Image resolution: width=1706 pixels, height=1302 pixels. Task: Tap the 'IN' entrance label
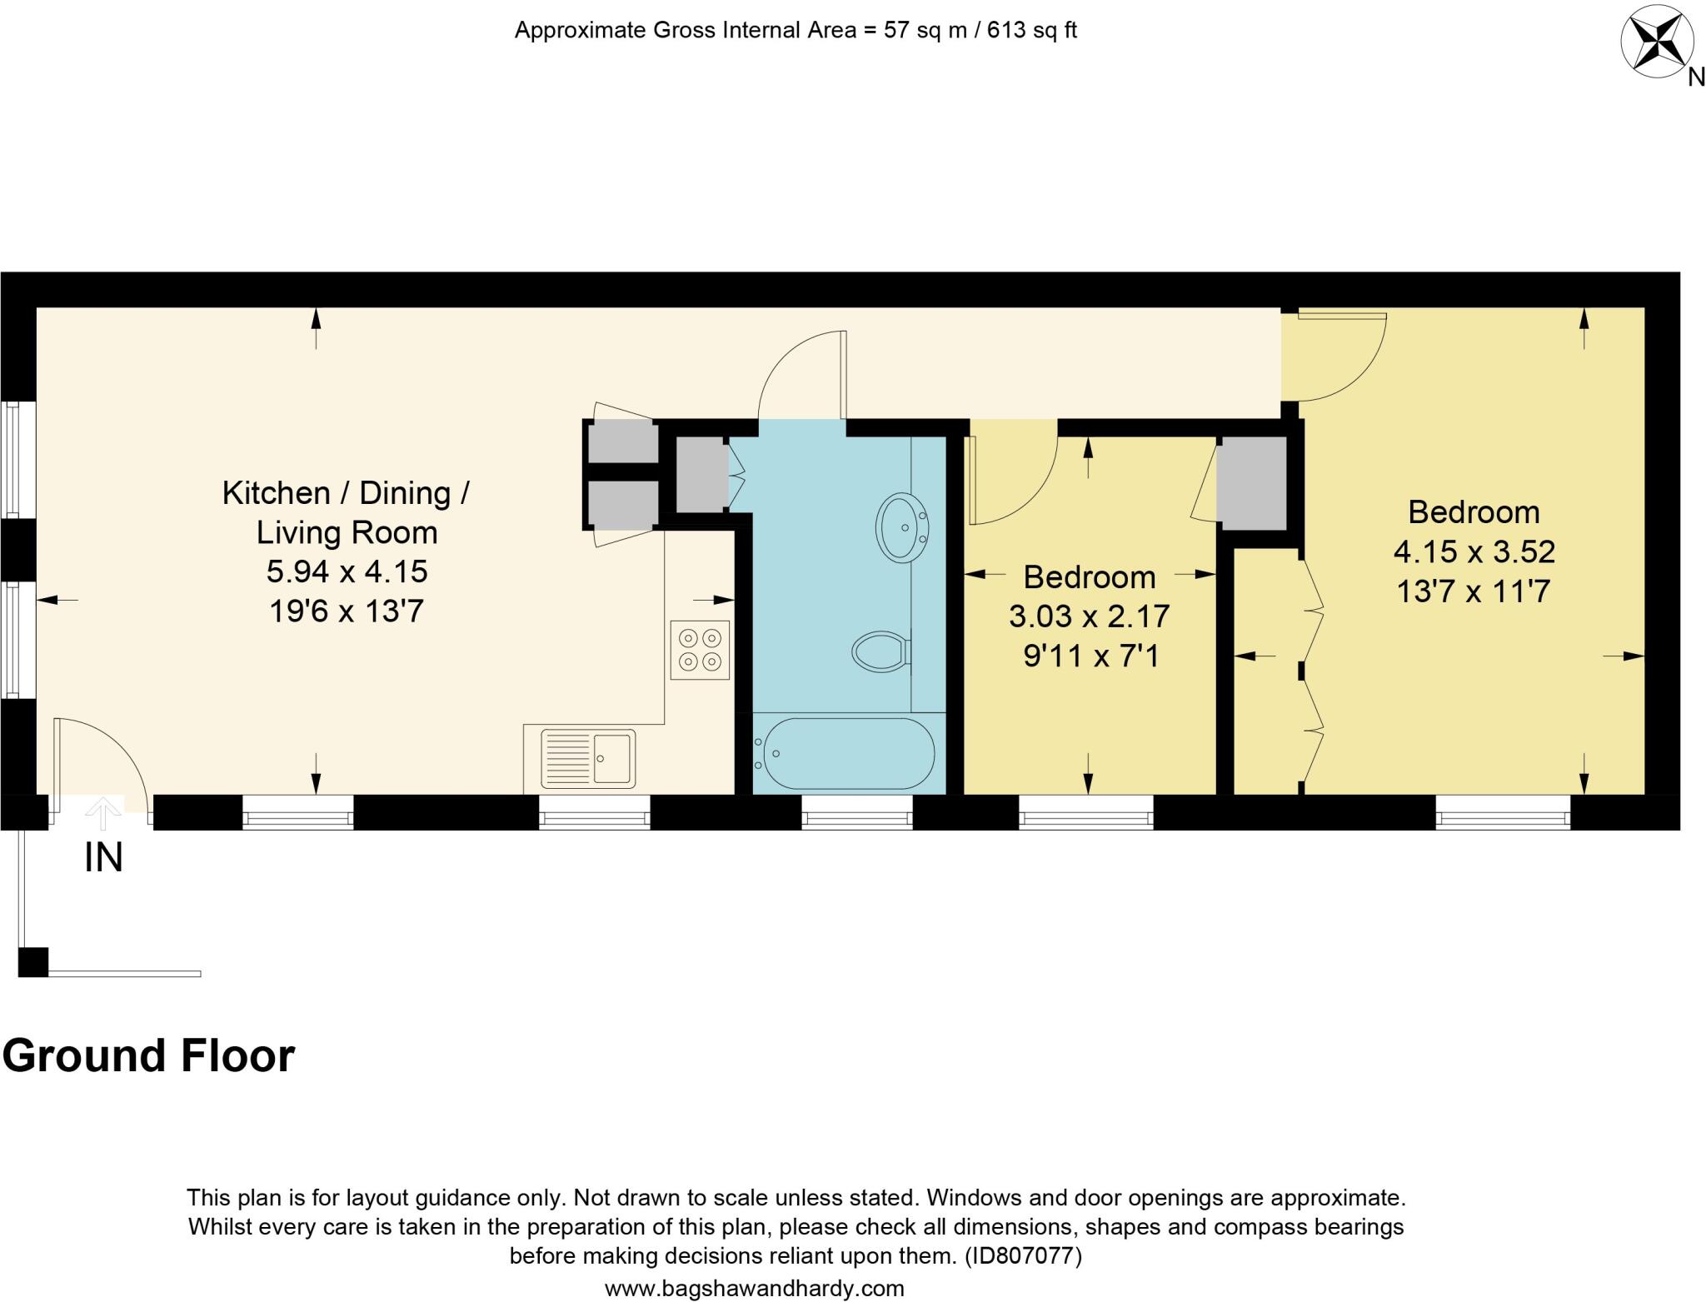(x=104, y=858)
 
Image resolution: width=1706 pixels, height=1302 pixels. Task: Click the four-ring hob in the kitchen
(x=700, y=651)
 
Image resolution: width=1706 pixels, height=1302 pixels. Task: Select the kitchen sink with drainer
(x=587, y=758)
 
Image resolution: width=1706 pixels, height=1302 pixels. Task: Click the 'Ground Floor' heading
(x=148, y=1056)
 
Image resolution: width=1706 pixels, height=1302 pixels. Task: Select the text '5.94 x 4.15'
(x=347, y=572)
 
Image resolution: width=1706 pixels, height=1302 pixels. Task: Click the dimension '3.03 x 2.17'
(x=1089, y=617)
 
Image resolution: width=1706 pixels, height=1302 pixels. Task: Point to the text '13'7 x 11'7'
(x=1473, y=592)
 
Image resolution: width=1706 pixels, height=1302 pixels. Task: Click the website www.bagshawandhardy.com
(x=754, y=1289)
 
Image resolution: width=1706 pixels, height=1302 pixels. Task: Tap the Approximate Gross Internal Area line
(x=796, y=31)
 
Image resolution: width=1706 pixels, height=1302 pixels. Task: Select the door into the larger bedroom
(x=1341, y=354)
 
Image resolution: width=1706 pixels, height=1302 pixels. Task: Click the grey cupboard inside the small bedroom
(x=1252, y=483)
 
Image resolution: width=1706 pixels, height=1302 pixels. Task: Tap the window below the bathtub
(x=857, y=813)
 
